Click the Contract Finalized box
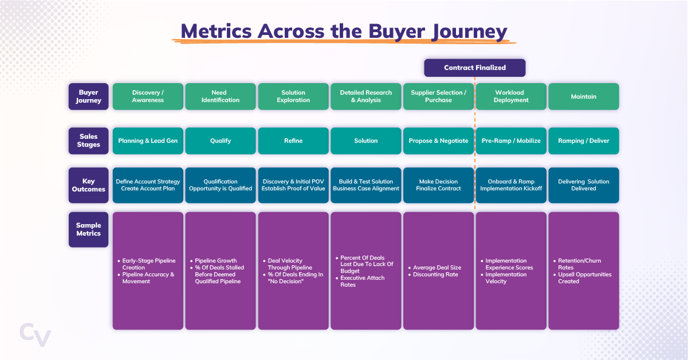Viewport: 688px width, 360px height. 474,68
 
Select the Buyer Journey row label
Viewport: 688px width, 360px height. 88,96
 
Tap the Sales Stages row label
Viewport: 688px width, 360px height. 88,140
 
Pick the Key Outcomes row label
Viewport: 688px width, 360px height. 88,185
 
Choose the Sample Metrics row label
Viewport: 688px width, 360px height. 88,229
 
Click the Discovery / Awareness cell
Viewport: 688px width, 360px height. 148,96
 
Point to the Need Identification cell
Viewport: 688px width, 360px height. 220,96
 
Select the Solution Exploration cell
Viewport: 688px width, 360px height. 293,96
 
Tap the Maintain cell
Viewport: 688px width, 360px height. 583,96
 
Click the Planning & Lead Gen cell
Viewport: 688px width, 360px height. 148,140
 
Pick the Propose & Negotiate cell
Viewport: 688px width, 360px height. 438,140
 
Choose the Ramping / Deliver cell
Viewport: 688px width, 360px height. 583,140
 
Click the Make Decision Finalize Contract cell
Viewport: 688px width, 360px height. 438,185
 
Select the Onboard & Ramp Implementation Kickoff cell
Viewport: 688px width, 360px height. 510,185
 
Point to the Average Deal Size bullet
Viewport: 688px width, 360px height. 437,268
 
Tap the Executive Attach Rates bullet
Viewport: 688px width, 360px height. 363,281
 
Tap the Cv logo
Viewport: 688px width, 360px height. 35,334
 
